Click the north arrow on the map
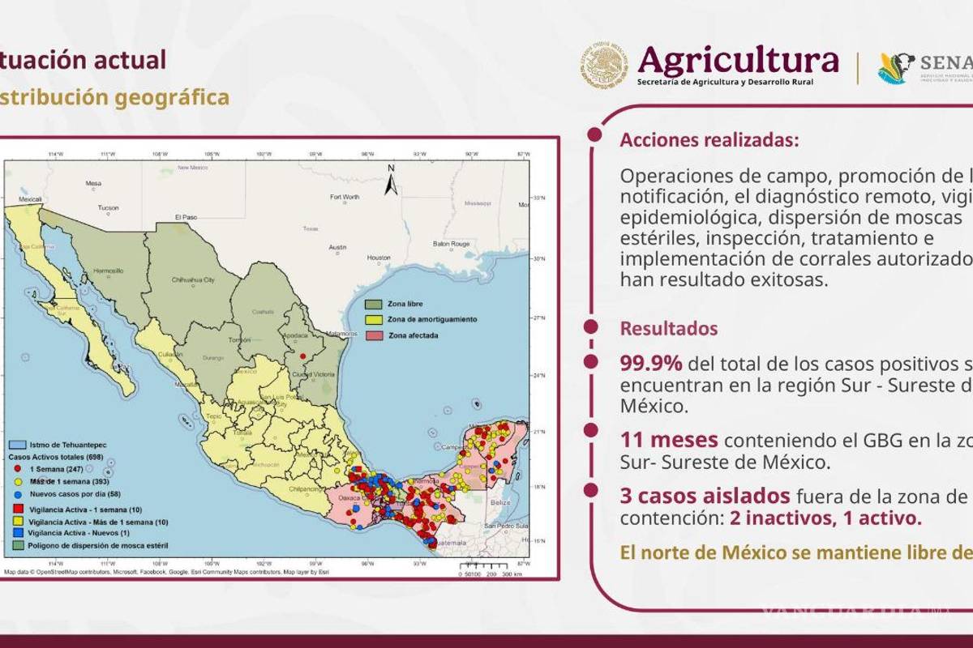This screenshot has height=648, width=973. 391,180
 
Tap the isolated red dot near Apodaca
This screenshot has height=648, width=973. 302,356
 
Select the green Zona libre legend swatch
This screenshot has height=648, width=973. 373,304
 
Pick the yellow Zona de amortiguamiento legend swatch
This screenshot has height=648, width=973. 373,319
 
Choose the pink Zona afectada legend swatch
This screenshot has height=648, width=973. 373,335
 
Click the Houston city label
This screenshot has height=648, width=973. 379,258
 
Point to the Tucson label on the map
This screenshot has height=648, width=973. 108,207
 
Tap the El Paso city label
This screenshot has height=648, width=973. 186,217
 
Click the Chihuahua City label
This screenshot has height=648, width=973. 193,280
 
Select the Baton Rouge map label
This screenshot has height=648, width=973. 452,243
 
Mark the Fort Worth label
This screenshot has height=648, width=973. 345,197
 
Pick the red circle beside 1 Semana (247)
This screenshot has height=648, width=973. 16,469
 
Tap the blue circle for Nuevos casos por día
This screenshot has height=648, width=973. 16,493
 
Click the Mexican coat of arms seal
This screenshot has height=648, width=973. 604,66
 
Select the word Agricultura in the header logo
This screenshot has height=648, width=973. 738,60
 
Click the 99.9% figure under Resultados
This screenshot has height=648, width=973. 651,364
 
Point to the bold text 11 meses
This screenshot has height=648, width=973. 669,440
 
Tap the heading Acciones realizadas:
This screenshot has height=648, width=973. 709,140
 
